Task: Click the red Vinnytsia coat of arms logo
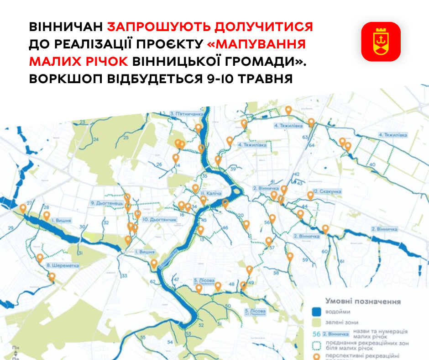381,42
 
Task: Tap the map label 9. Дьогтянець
107,203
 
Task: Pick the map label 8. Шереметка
63,265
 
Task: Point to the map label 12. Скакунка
327,191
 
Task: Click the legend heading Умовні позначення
363,302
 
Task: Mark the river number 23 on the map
83,122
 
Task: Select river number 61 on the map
341,261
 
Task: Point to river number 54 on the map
170,342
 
